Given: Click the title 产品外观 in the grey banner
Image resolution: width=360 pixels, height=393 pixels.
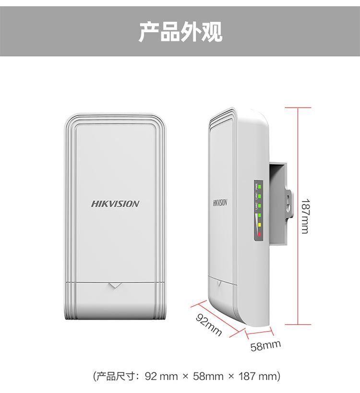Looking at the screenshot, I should point(180,32).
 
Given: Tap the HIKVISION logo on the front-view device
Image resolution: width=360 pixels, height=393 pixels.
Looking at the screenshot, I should point(115,204).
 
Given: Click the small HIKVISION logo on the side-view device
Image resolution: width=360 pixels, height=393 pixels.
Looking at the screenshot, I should point(220,202).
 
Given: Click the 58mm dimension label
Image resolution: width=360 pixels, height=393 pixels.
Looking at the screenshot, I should point(265,345).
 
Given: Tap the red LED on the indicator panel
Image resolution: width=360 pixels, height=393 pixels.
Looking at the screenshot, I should point(260,234).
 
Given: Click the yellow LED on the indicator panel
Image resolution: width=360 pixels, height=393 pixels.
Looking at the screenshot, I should point(260,224).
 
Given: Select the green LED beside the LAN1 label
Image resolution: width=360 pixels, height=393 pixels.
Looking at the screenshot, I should point(260,195).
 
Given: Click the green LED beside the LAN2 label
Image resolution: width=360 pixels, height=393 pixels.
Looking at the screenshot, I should point(260,205).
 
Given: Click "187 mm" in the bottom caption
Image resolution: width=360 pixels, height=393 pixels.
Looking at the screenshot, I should point(257,376).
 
